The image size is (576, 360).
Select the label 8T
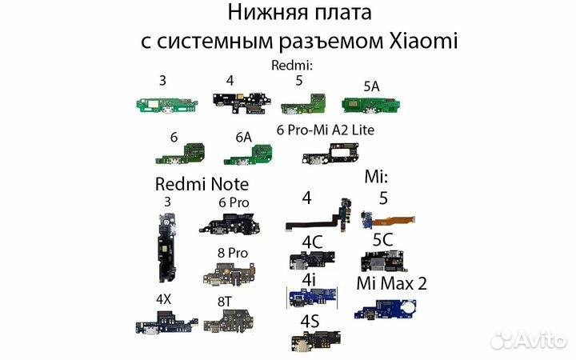[226, 301]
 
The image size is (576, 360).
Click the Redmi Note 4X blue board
[163, 324]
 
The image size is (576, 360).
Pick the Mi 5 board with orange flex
[387, 218]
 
